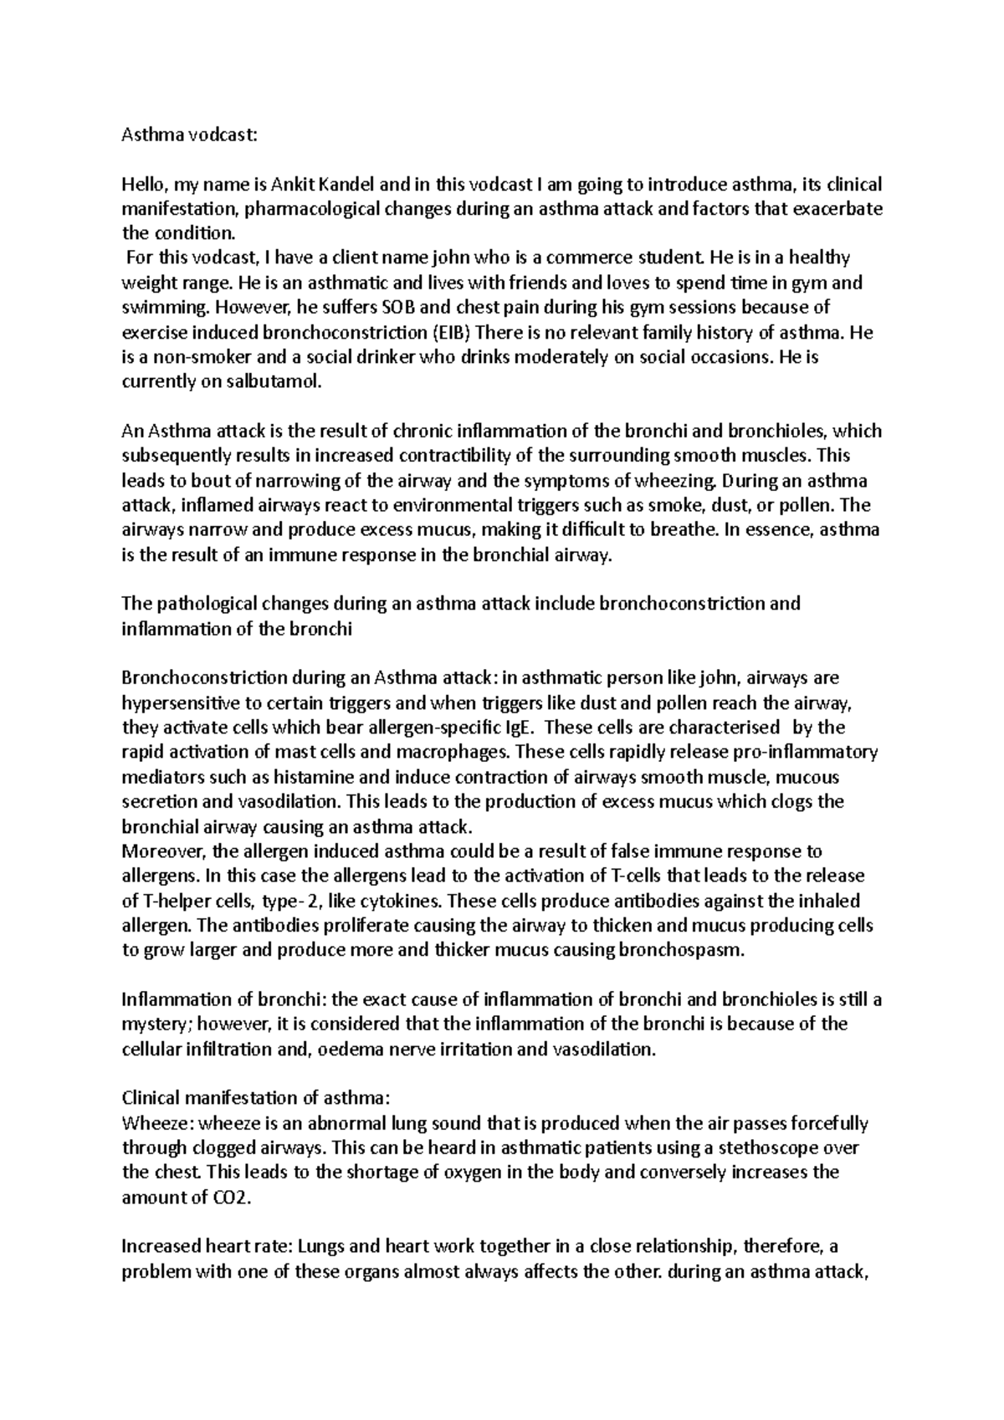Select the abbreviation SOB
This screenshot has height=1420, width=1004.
point(403,308)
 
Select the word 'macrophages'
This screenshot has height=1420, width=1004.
point(458,752)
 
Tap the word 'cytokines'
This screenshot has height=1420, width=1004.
point(404,901)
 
